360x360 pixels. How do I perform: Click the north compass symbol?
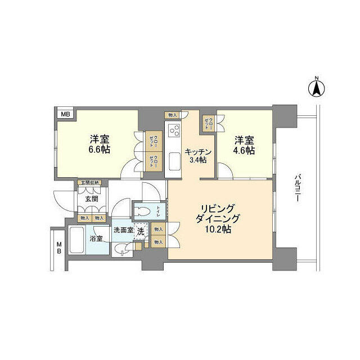point(317,88)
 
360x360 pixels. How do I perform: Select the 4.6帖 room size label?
point(244,145)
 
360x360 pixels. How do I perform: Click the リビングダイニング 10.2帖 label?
point(219,218)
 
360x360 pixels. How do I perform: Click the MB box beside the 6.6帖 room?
point(66,115)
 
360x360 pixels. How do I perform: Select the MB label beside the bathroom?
point(58,247)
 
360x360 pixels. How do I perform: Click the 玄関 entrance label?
point(92,199)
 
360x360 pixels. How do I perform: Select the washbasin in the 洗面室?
point(121,249)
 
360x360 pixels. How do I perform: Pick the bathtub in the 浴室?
point(78,241)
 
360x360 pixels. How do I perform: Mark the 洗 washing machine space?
point(141,230)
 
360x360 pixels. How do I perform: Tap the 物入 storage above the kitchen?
point(172,115)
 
